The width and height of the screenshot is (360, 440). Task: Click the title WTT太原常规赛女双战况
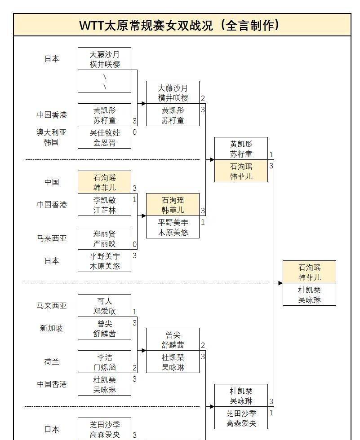(x=180, y=25)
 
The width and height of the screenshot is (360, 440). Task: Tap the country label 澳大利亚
(x=51, y=132)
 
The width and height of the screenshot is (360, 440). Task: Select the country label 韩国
(x=51, y=142)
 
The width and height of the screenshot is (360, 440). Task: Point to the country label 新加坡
(x=51, y=328)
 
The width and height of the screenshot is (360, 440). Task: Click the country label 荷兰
(x=52, y=362)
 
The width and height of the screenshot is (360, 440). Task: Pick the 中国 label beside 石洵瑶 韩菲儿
(x=52, y=182)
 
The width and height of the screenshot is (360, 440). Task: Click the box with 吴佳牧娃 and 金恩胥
(x=104, y=137)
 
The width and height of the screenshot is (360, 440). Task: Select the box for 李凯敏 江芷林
(x=104, y=205)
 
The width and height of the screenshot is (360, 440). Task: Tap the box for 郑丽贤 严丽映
(x=104, y=238)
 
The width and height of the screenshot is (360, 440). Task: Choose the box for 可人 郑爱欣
(x=104, y=306)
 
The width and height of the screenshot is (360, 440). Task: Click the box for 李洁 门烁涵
(x=104, y=362)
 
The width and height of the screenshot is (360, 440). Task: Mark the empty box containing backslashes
(x=104, y=81)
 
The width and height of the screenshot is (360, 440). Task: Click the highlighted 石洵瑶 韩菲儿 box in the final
(x=309, y=272)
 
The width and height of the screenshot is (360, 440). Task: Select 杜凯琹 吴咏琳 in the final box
(x=309, y=295)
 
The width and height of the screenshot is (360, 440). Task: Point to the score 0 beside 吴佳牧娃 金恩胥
(x=134, y=132)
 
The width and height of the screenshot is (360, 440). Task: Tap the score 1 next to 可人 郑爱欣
(x=134, y=312)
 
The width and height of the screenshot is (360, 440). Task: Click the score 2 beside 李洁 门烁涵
(x=134, y=368)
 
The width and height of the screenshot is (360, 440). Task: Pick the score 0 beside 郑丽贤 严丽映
(x=134, y=244)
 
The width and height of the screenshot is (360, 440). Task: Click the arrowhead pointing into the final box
(x=280, y=283)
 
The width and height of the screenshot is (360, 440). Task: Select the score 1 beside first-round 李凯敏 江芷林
(x=134, y=199)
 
